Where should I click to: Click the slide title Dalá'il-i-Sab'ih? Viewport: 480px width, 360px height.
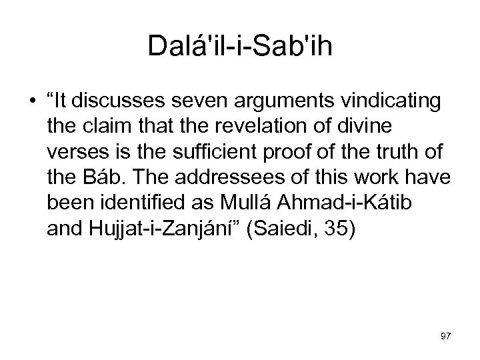tap(239, 49)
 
